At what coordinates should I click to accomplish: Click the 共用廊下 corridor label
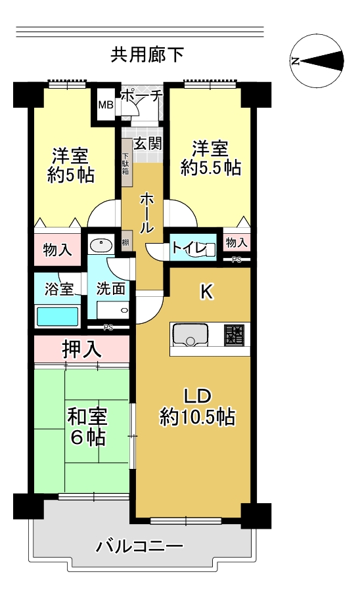(x=147, y=55)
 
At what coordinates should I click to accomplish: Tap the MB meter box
(x=106, y=104)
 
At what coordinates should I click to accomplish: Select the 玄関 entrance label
(x=147, y=144)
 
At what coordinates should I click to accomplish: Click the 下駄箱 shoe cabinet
(x=126, y=163)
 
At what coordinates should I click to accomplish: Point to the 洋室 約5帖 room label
(x=70, y=166)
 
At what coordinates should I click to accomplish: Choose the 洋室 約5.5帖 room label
(x=211, y=158)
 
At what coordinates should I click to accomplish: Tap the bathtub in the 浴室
(x=58, y=317)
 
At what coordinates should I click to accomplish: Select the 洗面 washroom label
(x=110, y=288)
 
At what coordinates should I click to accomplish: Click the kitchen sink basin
(x=191, y=334)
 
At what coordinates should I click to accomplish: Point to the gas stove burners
(x=234, y=334)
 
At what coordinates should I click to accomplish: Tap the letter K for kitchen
(x=206, y=292)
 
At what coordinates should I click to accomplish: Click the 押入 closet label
(x=82, y=349)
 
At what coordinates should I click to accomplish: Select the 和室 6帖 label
(x=87, y=427)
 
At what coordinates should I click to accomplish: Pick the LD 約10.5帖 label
(x=198, y=407)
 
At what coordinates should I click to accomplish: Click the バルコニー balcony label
(x=139, y=547)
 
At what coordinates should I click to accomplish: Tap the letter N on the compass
(x=294, y=61)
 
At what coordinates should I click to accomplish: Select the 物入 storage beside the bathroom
(x=58, y=250)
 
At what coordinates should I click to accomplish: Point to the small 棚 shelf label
(x=125, y=242)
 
